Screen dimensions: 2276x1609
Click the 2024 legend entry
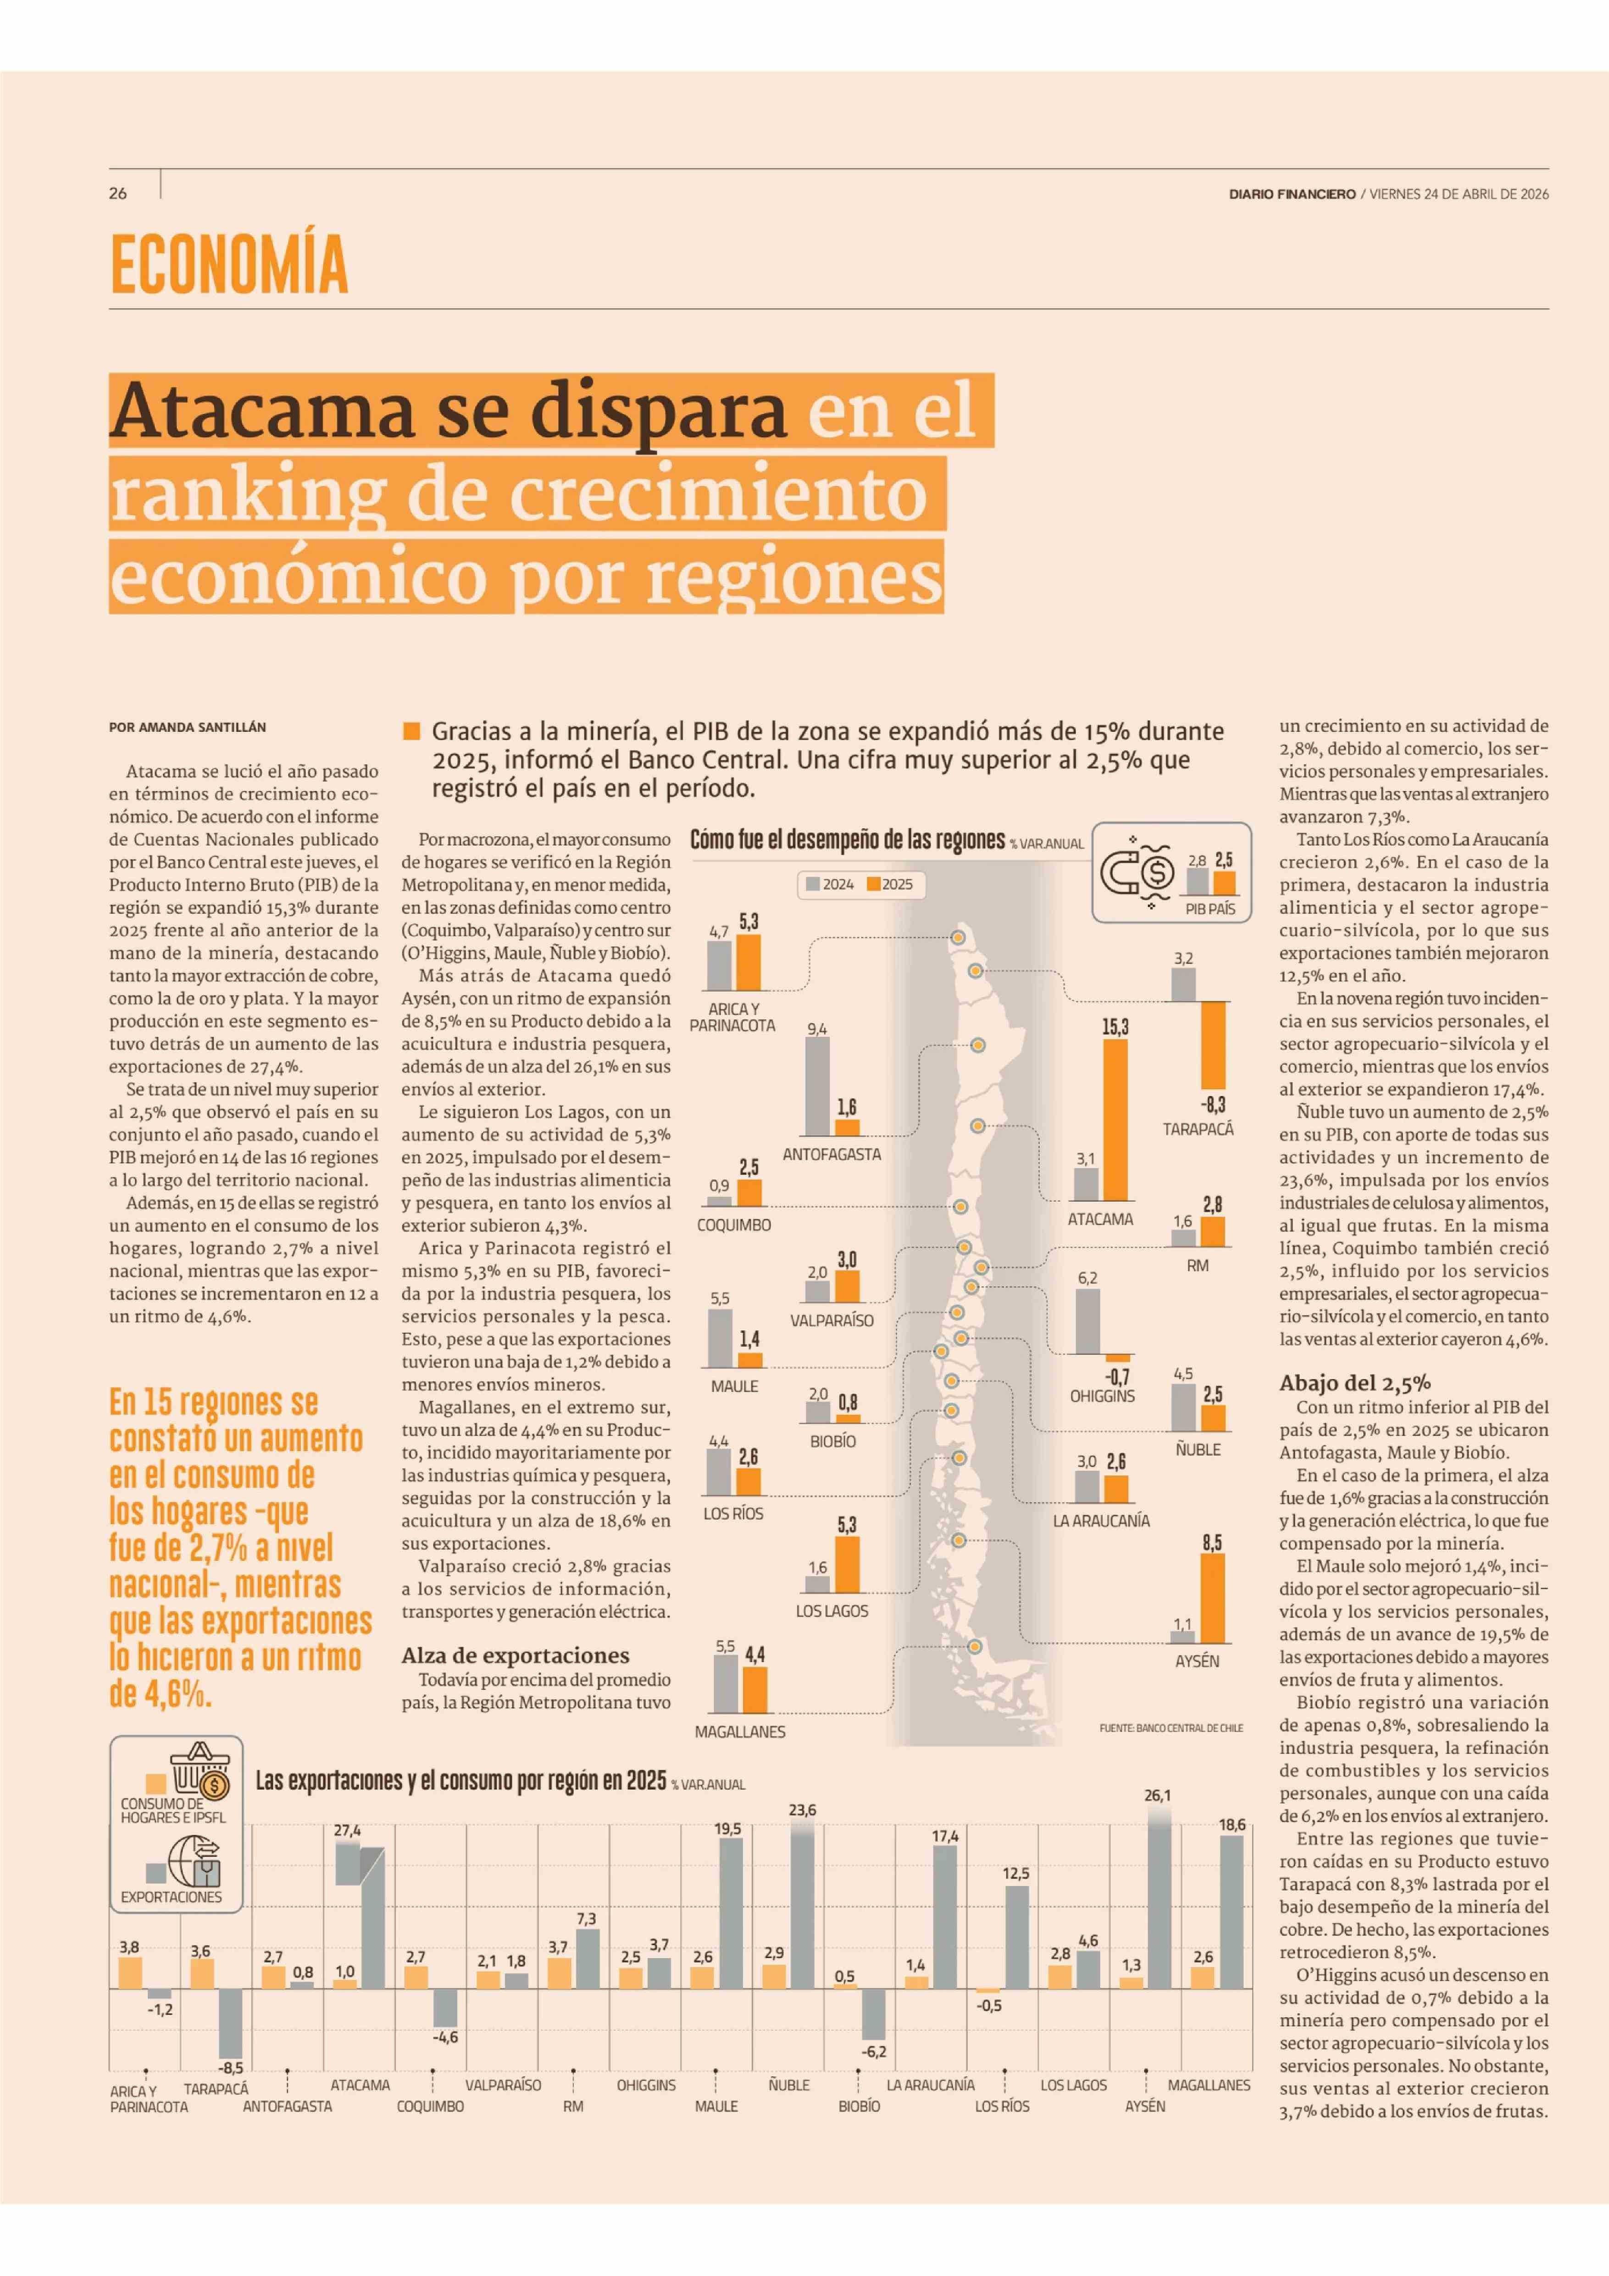831,884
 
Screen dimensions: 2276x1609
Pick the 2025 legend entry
890,884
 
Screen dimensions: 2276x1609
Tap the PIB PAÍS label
1210,908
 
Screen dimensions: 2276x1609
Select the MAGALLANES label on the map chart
739,1732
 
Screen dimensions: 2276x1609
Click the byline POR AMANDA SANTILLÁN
188,727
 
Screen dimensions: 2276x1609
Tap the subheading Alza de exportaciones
515,1655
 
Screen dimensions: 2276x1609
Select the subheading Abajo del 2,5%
1354,1383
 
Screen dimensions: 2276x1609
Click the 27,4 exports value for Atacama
347,1830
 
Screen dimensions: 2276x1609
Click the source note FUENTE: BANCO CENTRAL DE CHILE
1170,1728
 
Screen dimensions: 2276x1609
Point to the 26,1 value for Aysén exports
1157,1795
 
